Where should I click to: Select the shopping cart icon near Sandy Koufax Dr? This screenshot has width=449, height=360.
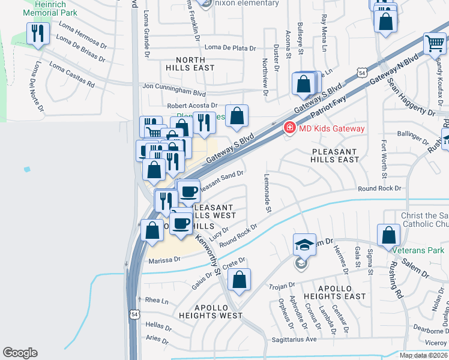[x=433, y=43]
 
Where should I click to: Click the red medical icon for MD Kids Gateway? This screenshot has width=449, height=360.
[x=289, y=128]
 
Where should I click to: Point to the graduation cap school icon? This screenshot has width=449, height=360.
[x=304, y=244]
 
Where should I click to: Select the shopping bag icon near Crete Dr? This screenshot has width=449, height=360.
[x=239, y=280]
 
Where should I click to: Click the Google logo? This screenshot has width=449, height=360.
[x=20, y=353]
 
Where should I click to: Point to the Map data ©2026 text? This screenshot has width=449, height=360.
[x=423, y=355]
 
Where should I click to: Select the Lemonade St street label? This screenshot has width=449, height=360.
[x=268, y=193]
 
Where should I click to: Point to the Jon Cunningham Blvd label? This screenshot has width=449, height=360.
[x=174, y=86]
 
